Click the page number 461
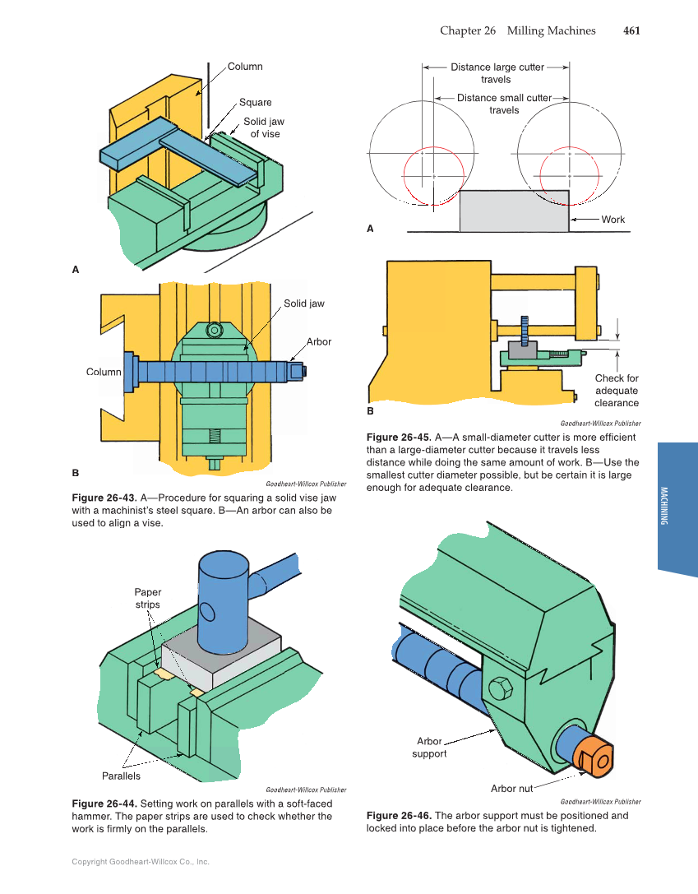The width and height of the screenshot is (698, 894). [631, 30]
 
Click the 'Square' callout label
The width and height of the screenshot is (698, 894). [255, 103]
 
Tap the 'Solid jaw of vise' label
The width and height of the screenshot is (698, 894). [264, 127]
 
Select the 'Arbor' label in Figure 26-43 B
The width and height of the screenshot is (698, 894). [318, 341]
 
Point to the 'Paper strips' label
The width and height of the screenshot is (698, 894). [148, 598]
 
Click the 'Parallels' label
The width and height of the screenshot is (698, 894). [121, 776]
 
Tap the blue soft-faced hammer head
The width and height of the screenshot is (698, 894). [223, 600]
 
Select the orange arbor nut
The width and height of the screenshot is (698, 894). [593, 757]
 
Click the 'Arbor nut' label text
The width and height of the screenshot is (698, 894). [511, 789]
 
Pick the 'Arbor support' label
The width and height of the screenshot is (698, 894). [429, 747]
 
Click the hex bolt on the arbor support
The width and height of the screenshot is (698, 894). [499, 688]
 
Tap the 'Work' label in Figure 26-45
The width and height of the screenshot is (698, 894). [612, 220]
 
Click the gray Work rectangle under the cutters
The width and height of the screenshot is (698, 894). [513, 211]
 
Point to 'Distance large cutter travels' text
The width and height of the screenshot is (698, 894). [496, 73]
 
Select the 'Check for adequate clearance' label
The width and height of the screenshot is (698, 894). [616, 391]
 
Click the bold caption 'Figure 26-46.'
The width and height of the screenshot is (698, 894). [399, 816]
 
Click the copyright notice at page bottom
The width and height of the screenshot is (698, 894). [141, 862]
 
